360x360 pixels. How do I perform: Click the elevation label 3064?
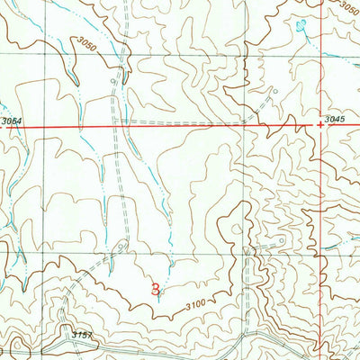pyautogui.click(x=11, y=121)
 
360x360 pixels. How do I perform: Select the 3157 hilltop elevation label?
pyautogui.click(x=83, y=334)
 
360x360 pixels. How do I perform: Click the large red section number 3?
pyautogui.click(x=156, y=290)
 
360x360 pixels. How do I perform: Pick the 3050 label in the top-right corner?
pyautogui.click(x=347, y=8)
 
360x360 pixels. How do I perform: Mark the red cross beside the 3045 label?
pyautogui.click(x=320, y=126)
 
